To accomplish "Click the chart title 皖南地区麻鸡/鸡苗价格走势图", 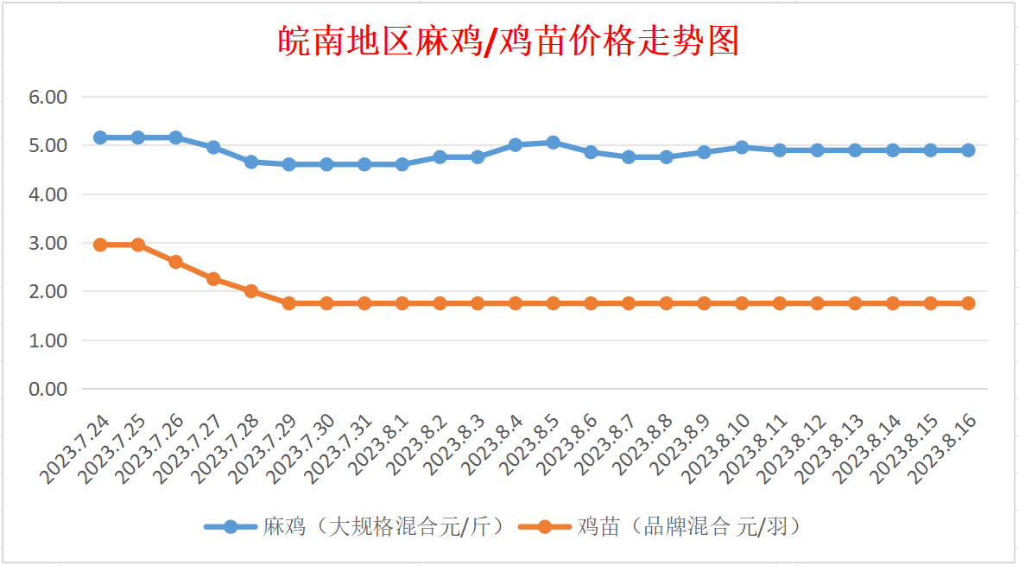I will click(x=509, y=41).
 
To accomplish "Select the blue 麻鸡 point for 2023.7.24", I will click(x=100, y=137).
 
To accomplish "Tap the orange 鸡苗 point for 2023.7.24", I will click(x=100, y=245).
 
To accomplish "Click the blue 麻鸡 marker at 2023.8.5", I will click(x=553, y=143).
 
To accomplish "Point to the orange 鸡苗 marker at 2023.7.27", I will click(x=213, y=279).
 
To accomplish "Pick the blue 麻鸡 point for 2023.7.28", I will click(x=251, y=162).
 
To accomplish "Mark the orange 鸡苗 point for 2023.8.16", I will click(x=968, y=303).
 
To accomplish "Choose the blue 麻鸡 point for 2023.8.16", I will click(x=968, y=150).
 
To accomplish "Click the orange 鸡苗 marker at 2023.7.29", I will click(x=289, y=303).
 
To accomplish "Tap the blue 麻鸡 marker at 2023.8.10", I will click(x=742, y=147).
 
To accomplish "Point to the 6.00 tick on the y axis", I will click(x=48, y=98).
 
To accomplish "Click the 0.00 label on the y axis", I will click(x=48, y=390).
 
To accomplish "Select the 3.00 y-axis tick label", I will click(x=48, y=244).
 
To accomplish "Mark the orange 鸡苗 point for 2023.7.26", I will click(x=175, y=262).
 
